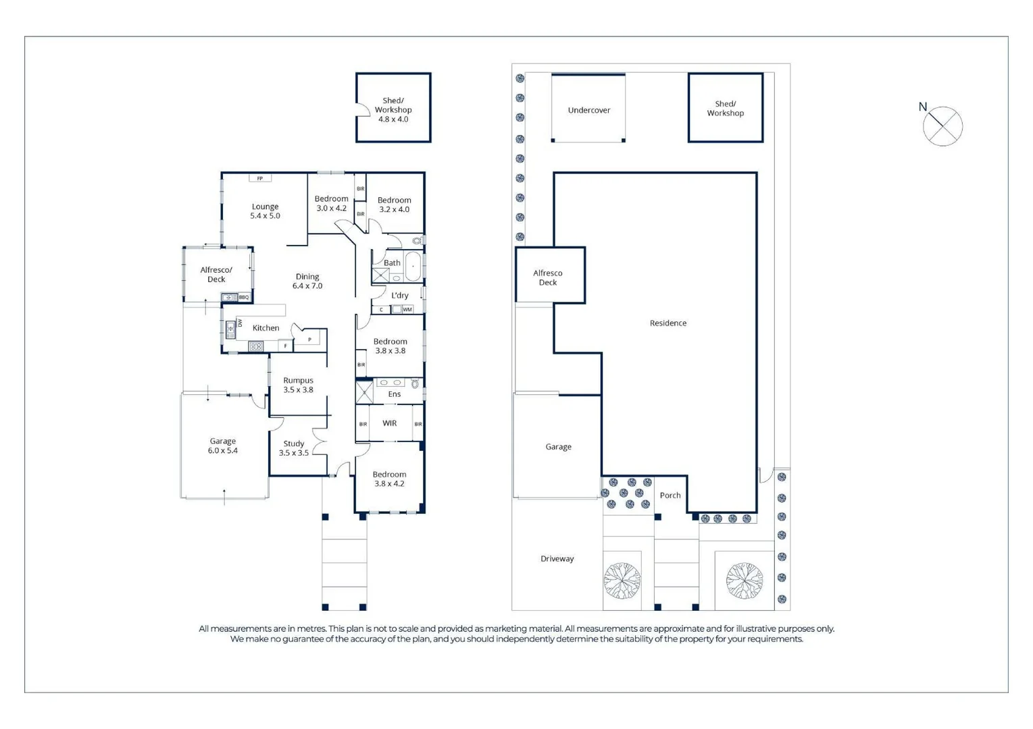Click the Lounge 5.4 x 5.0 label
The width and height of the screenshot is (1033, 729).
[265, 211]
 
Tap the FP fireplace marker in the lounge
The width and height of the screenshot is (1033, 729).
[260, 178]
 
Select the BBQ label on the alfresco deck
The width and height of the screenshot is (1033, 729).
[244, 297]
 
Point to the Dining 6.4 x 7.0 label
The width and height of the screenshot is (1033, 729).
[307, 281]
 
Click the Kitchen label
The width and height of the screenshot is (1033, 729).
[266, 328]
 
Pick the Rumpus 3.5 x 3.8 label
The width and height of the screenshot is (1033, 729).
[298, 385]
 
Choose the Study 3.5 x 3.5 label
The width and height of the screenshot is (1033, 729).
[294, 448]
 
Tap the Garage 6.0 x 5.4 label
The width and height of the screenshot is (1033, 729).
[222, 446]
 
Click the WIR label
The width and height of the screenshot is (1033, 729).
[390, 423]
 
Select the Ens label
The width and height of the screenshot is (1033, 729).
[395, 394]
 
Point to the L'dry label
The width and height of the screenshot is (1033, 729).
[400, 295]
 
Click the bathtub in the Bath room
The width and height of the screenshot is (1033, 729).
[413, 266]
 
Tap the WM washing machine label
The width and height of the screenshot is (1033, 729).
[407, 310]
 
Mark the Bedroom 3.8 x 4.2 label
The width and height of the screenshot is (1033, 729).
[389, 479]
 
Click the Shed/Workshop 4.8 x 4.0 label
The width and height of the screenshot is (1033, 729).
[393, 109]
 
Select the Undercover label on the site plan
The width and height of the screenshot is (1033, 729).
[589, 110]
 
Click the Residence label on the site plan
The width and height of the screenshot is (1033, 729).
[668, 323]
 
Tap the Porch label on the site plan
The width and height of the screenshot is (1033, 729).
[670, 495]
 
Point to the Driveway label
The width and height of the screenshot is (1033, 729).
[557, 559]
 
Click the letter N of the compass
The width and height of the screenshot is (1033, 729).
[923, 107]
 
